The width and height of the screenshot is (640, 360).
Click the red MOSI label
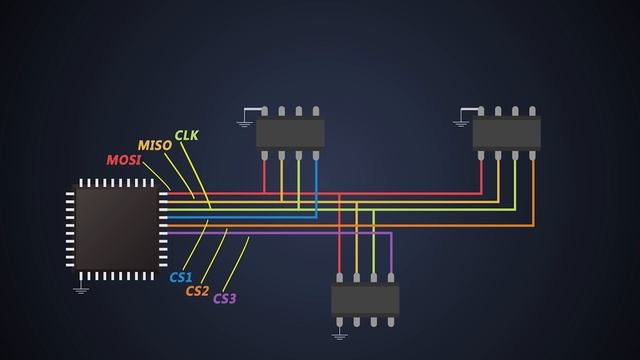[123, 160]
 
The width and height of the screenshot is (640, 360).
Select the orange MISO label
[154, 145]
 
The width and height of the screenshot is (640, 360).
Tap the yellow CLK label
[187, 135]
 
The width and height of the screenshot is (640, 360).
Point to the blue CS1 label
[181, 277]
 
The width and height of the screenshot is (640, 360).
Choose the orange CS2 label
[197, 291]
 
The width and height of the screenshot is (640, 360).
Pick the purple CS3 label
[225, 298]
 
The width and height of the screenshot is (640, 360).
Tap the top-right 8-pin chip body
[506, 132]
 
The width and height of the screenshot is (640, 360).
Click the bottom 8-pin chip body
[365, 299]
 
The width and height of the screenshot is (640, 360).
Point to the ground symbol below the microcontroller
[81, 289]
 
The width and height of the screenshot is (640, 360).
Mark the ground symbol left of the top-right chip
[460, 123]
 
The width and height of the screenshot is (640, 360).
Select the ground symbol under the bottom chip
[340, 334]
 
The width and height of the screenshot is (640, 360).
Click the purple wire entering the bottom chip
[391, 255]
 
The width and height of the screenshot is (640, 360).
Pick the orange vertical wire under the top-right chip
[532, 190]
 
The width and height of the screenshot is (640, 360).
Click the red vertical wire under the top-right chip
[481, 175]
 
